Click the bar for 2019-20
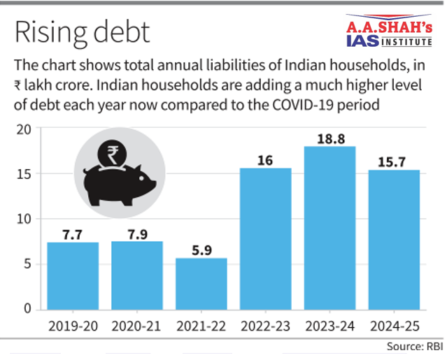[73, 275]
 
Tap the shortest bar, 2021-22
[201, 283]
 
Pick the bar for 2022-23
[266, 238]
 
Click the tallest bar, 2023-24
[330, 227]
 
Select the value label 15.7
[395, 161]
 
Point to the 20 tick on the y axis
[26, 129]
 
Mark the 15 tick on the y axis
[26, 174]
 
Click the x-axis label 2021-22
[201, 326]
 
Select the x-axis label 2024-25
[395, 326]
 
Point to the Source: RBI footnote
[414, 347]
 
